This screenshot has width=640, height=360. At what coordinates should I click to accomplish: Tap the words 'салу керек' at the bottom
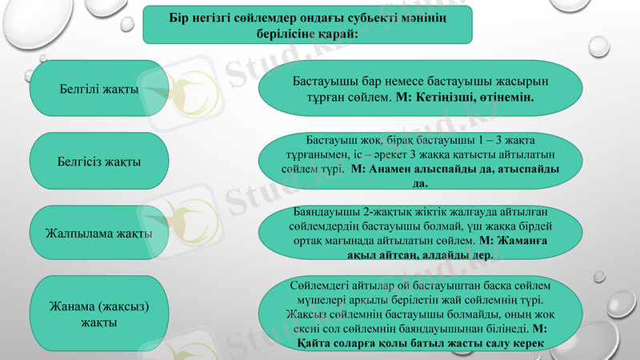tap(514, 343)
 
